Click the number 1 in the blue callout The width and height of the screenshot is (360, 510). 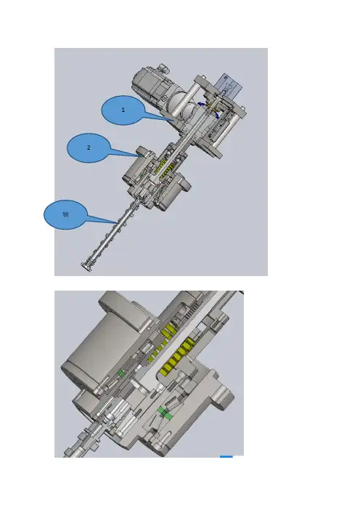[123, 110]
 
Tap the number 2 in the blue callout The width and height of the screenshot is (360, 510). [89, 147]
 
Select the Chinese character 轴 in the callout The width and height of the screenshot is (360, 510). [65, 214]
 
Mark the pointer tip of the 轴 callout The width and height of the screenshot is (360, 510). [118, 222]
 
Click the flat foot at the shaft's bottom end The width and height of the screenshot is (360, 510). [86, 267]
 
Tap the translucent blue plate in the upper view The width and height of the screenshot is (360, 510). [229, 85]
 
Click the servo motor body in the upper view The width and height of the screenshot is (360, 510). [150, 84]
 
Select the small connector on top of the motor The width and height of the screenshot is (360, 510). [162, 68]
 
